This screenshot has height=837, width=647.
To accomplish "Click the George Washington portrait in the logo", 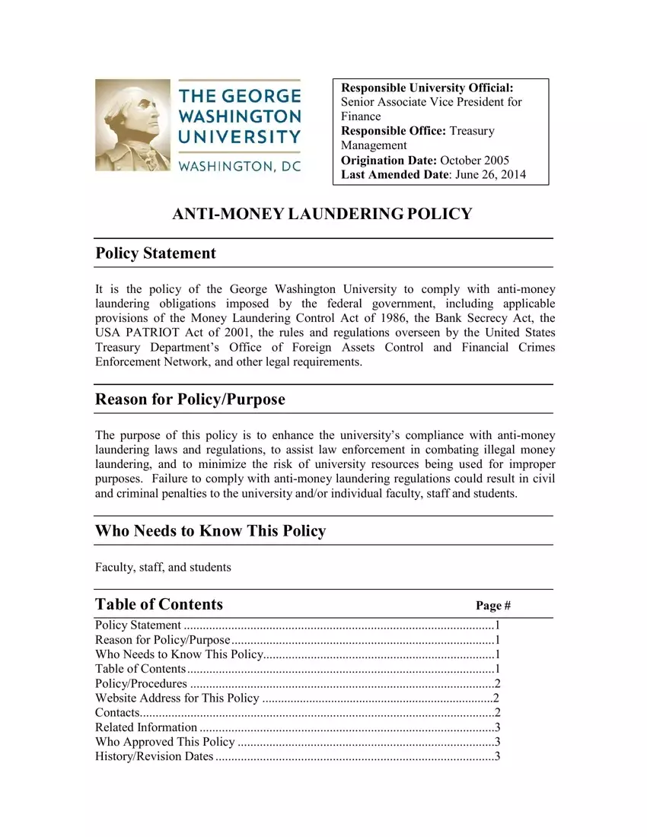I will (x=132, y=125).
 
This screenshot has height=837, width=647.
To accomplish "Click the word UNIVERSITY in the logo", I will (x=240, y=137).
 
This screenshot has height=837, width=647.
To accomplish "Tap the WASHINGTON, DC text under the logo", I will (x=240, y=167).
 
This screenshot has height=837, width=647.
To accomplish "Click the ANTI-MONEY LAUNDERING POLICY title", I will (x=323, y=214).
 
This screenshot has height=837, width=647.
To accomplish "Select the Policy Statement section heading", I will (x=155, y=253).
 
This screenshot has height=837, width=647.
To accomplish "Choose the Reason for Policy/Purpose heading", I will (x=190, y=399).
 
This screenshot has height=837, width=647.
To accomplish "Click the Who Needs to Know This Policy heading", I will (x=210, y=531).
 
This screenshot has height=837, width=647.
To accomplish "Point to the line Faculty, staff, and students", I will (x=163, y=568).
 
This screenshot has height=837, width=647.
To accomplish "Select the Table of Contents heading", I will (x=159, y=604).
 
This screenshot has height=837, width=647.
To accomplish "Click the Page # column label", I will (x=492, y=606).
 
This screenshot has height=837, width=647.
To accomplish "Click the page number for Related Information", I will (x=496, y=727).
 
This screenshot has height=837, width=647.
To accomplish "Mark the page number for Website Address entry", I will (x=496, y=698).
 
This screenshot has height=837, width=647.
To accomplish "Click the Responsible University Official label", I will (x=427, y=88).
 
